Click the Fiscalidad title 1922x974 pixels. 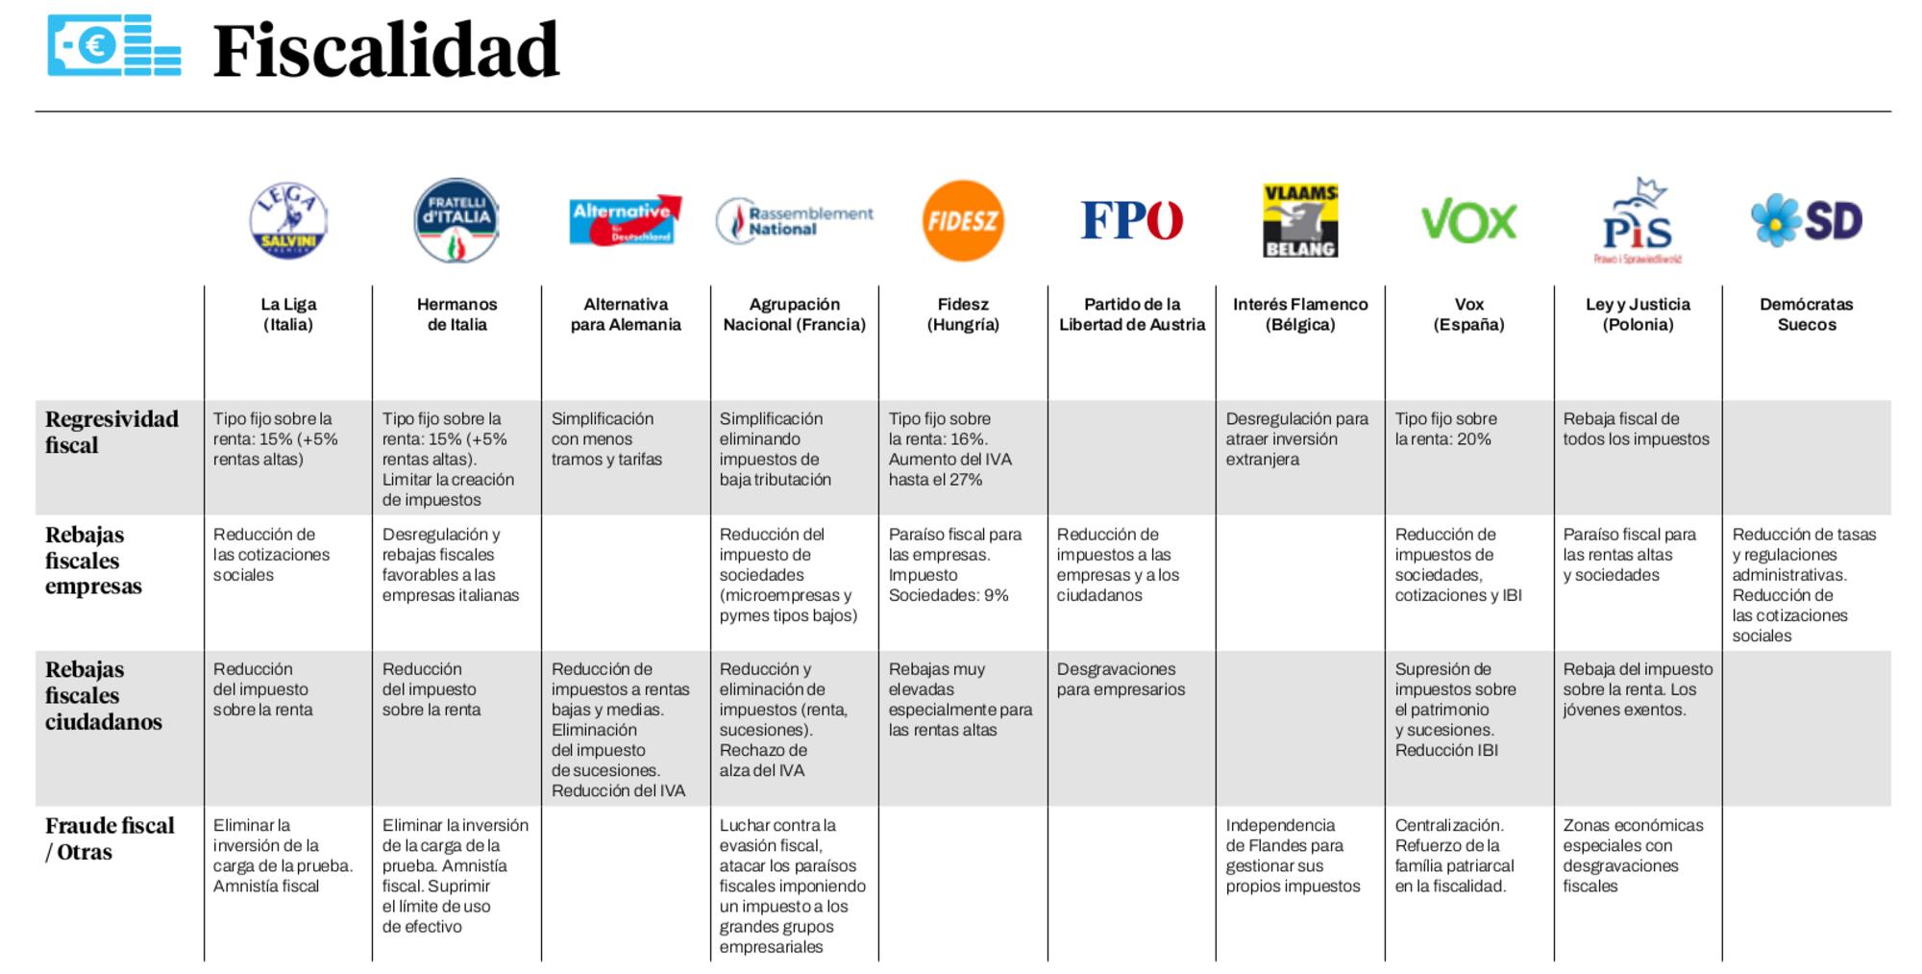pos(385,51)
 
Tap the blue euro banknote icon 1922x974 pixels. pos(113,45)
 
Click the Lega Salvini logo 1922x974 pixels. pos(288,221)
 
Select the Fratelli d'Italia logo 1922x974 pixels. pos(456,220)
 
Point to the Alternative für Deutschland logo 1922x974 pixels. pos(625,220)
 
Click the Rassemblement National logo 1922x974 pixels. pos(795,221)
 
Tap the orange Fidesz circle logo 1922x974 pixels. pos(963,221)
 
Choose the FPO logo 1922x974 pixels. pos(1131,220)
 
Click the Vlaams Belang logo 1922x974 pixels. pos(1300,221)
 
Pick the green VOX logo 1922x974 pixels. pos(1468,222)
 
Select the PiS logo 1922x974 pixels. pos(1638,221)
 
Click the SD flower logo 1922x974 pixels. pos(1806,220)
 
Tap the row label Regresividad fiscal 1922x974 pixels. pos(111,432)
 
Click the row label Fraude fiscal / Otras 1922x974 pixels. pos(110,838)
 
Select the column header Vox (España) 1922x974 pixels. pos(1468,314)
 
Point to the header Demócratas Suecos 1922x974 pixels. pos(1806,314)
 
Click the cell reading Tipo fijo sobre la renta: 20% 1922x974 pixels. pos(1445,429)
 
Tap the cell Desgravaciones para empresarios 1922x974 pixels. pos(1121,679)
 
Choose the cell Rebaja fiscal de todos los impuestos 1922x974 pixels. pos(1636,429)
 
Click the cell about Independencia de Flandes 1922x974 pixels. pos(1292,855)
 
